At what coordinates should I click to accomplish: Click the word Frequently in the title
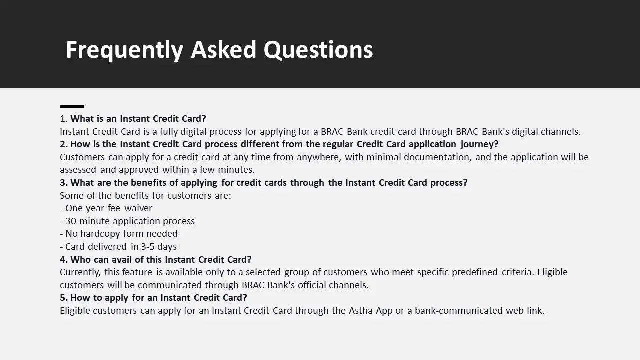click(124, 50)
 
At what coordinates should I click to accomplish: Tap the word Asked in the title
click(223, 49)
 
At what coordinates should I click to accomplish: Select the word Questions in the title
click(318, 50)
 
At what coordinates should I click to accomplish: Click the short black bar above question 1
click(72, 106)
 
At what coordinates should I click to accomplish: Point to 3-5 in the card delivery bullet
click(148, 246)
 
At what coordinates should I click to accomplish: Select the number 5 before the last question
click(62, 297)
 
